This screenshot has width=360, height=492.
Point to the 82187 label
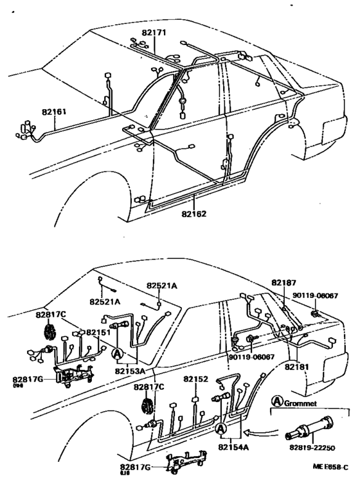283,283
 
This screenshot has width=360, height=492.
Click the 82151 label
100,332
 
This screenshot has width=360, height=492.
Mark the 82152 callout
195,379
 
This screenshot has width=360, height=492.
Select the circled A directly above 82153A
117,353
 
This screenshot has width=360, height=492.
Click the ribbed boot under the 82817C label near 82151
48,332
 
